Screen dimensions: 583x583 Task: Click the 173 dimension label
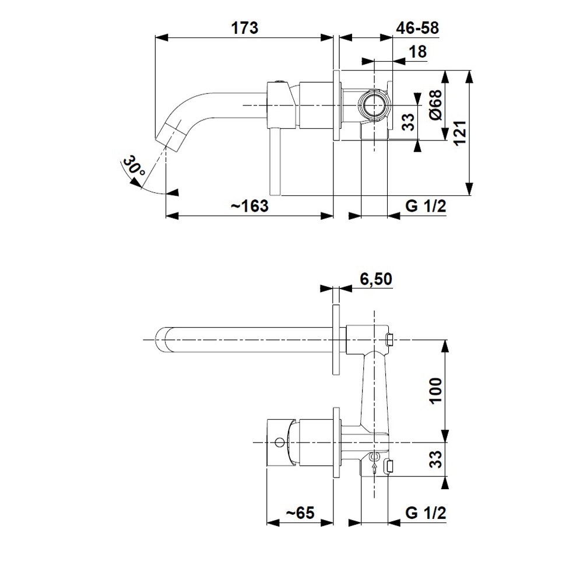pos(245,28)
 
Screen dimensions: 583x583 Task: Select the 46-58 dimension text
pos(417,28)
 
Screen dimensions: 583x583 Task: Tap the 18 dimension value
pos(417,52)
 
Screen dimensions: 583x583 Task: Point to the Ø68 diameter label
pos(436,104)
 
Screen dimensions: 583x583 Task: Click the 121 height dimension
pos(460,133)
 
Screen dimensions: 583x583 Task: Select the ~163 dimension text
pos(250,206)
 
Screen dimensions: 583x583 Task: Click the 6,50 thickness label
pos(376,279)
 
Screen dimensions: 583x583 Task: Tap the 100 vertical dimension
pos(436,391)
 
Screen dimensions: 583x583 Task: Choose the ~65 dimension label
pos(300,513)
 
